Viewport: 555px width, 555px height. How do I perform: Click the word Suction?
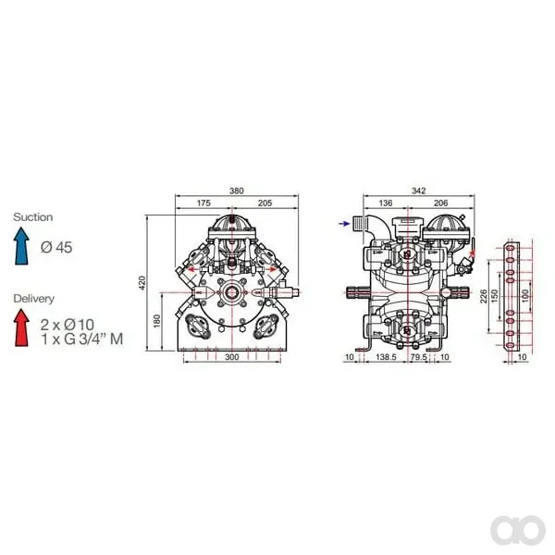(x=33, y=217)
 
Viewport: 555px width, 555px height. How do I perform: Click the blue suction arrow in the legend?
(x=21, y=246)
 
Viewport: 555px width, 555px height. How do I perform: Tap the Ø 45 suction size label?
(x=56, y=247)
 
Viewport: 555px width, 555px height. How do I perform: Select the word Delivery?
(x=33, y=299)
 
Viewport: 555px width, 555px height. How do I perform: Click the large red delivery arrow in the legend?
(x=21, y=327)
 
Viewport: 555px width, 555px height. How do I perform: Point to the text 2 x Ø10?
(x=68, y=325)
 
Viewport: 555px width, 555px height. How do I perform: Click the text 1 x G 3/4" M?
(x=81, y=339)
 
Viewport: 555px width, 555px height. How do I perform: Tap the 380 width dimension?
(x=237, y=191)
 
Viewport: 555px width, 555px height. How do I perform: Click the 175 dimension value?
(x=203, y=203)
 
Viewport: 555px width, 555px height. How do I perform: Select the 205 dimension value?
(x=265, y=203)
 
